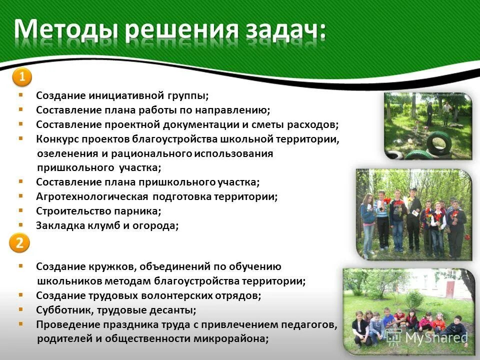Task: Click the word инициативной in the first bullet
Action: (x=129, y=95)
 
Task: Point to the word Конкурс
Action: (x=56, y=138)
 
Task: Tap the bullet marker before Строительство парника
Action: (x=20, y=210)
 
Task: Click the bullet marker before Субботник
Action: (x=20, y=309)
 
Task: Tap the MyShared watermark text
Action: (x=435, y=337)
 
